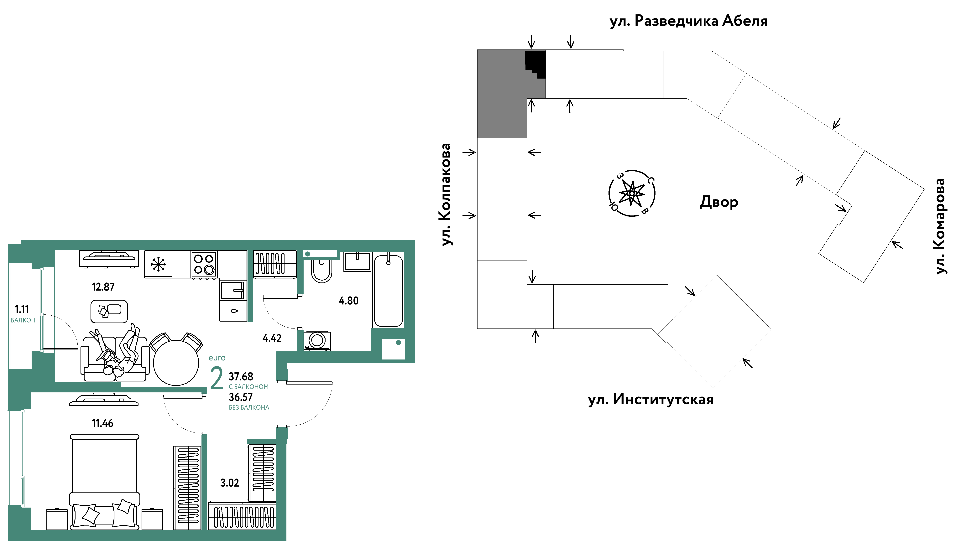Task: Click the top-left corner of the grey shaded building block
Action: pyautogui.click(x=478, y=50)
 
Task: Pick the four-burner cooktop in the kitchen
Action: pyautogui.click(x=204, y=264)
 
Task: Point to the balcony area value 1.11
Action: pyautogui.click(x=22, y=309)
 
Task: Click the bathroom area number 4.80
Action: pyautogui.click(x=349, y=301)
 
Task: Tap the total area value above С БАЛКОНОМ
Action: pyautogui.click(x=241, y=376)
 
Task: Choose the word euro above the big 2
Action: pyautogui.click(x=217, y=358)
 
